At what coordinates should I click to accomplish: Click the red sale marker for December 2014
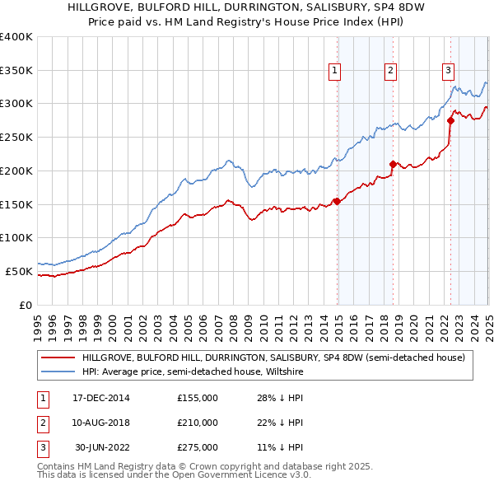coord(337,200)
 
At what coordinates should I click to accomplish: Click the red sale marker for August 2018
coord(392,163)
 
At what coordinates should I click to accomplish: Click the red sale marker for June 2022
coord(450,120)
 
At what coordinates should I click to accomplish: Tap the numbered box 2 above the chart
coord(390,72)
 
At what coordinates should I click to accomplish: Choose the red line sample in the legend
coord(58,358)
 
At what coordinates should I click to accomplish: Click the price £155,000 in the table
coord(198,398)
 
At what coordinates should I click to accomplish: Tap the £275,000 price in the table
coord(198,447)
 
